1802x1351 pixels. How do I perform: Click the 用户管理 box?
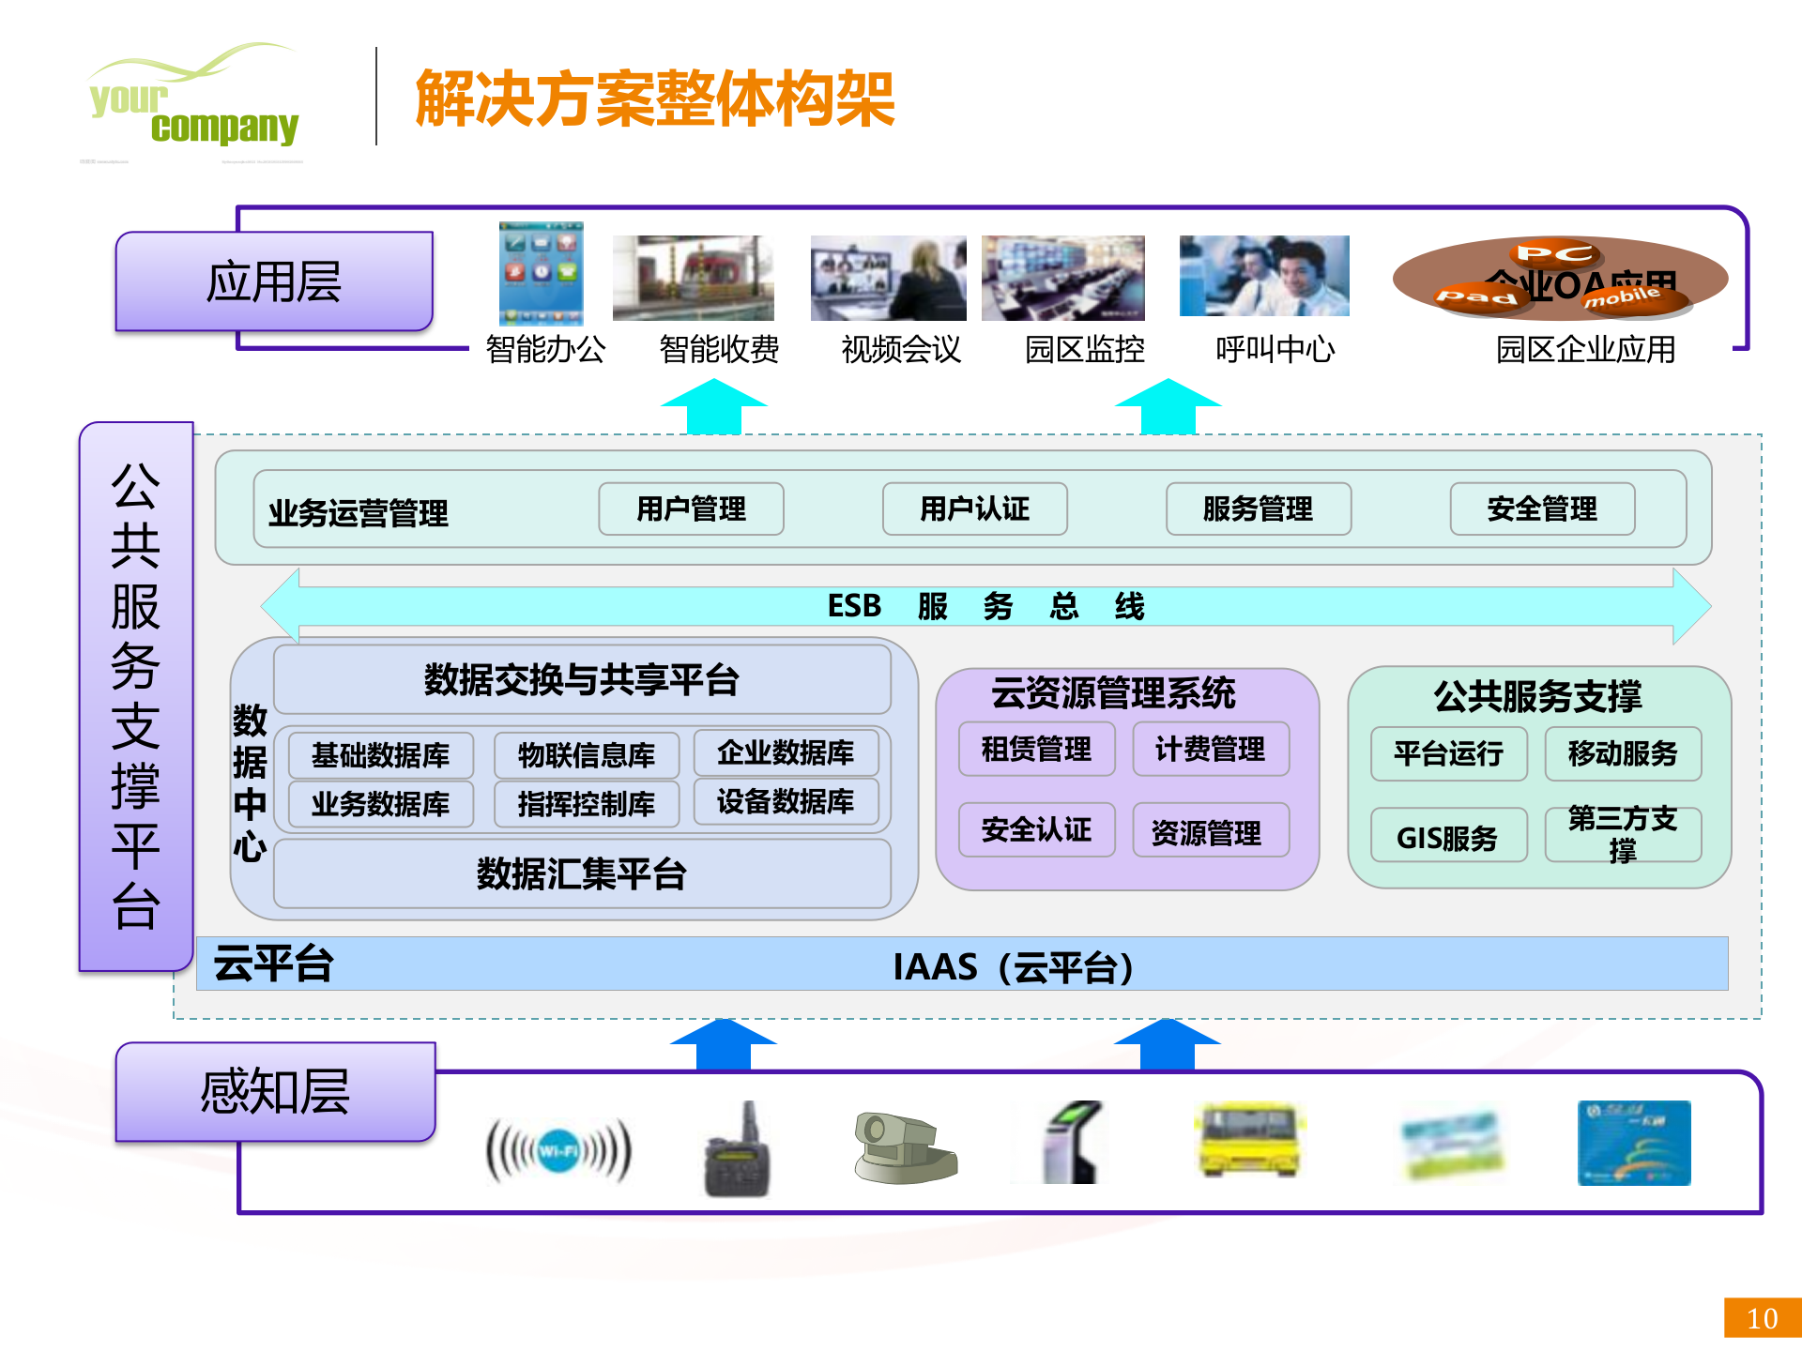(x=691, y=509)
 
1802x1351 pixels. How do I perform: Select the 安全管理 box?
(x=1542, y=509)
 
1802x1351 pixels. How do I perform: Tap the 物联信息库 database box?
(x=587, y=755)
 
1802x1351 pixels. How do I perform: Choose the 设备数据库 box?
(x=786, y=802)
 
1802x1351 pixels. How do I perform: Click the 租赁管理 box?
(x=1036, y=750)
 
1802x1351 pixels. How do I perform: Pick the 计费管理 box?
(x=1210, y=750)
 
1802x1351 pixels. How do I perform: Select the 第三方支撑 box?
(x=1623, y=834)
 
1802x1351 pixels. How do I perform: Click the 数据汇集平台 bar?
(x=582, y=874)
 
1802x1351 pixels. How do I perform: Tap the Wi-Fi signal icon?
(x=558, y=1151)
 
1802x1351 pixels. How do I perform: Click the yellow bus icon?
(x=1249, y=1142)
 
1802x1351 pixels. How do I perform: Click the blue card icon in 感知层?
(x=1633, y=1144)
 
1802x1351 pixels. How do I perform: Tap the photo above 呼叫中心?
(x=1263, y=276)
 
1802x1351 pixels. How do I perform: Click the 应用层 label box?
(x=274, y=281)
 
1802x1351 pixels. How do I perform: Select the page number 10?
(x=1762, y=1318)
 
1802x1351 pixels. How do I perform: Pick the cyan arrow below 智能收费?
(x=713, y=407)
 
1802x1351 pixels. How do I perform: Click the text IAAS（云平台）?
(x=1013, y=966)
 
